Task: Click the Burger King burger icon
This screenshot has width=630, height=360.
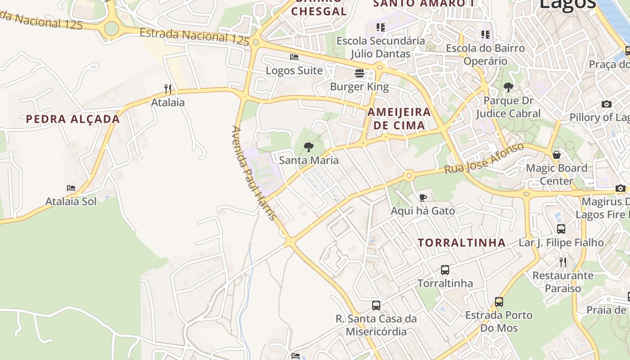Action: [x=359, y=73]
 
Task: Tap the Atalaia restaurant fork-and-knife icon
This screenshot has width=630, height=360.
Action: [x=168, y=89]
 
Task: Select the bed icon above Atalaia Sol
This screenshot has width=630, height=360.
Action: [x=71, y=188]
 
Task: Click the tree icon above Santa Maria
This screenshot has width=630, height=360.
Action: [x=308, y=147]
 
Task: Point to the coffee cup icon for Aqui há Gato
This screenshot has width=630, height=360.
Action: [x=423, y=198]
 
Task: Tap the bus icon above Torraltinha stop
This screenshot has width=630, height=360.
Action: [x=445, y=270]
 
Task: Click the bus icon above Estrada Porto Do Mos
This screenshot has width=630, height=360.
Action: [x=499, y=301]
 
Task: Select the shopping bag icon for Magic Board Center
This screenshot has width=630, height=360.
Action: [x=557, y=155]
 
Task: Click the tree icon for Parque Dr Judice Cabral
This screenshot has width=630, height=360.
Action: [x=508, y=87]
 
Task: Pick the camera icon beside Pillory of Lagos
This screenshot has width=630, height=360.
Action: [x=607, y=104]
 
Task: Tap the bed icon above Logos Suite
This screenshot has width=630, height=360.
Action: [x=294, y=57]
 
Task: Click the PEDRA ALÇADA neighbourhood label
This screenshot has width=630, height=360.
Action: [x=73, y=119]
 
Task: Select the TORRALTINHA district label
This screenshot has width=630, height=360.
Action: [x=462, y=243]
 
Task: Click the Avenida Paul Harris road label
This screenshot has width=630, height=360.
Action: [x=253, y=173]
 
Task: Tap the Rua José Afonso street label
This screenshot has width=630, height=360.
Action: [x=484, y=158]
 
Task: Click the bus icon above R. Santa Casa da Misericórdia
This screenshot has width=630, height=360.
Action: [x=376, y=306]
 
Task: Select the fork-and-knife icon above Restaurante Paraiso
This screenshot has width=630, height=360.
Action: [x=563, y=262]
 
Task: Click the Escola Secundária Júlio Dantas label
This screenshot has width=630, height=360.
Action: [x=381, y=47]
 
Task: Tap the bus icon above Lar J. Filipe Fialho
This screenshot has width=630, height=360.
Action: [x=561, y=229]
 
